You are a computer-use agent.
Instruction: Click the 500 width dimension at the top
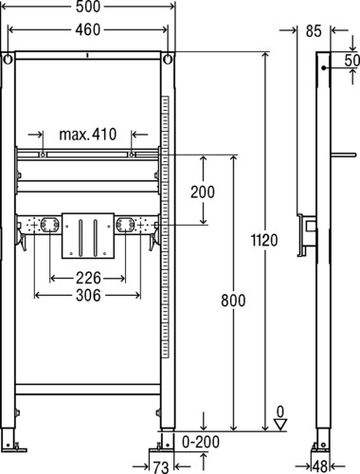click(x=88, y=7)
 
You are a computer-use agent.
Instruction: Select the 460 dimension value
click(x=88, y=29)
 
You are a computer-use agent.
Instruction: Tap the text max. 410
click(x=88, y=135)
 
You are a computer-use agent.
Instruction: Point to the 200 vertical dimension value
click(x=203, y=191)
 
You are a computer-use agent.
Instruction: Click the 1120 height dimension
click(x=264, y=240)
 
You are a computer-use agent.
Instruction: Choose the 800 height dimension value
click(x=233, y=301)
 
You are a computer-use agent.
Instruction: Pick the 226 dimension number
click(x=88, y=278)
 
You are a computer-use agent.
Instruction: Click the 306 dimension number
click(x=88, y=296)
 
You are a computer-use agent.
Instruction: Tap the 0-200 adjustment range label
click(x=201, y=442)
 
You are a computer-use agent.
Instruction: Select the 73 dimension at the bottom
click(x=161, y=467)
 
